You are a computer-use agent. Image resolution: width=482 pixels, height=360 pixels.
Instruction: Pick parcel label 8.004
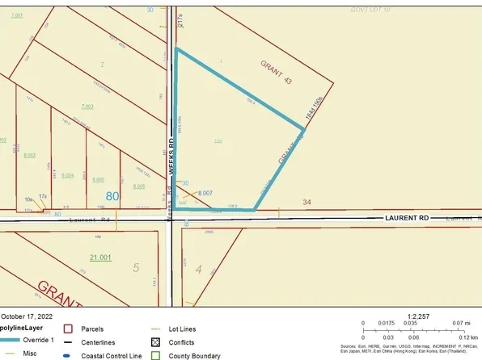point(68,175)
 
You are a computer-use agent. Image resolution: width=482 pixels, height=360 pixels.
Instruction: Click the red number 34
point(307,201)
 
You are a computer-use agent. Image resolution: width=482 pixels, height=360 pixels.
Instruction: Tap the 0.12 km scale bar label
point(468,337)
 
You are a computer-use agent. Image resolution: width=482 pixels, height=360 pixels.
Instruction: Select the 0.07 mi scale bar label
point(467,322)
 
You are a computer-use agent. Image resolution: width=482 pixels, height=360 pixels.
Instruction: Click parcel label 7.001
point(18,15)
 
